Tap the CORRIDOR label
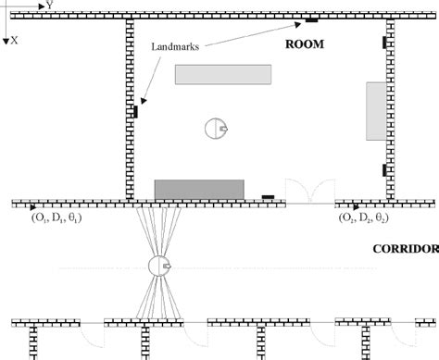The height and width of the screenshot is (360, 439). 404,249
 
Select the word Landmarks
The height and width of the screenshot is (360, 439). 171,45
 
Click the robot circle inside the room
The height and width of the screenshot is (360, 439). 215,129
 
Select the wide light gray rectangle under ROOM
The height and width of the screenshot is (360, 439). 223,75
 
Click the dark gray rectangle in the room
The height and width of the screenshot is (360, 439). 199,189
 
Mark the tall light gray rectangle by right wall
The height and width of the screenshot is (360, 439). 375,111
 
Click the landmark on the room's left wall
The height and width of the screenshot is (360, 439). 135,111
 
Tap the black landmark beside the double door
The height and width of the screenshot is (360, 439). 269,196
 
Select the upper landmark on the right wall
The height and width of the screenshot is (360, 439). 384,43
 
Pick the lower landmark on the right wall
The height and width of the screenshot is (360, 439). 384,169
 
